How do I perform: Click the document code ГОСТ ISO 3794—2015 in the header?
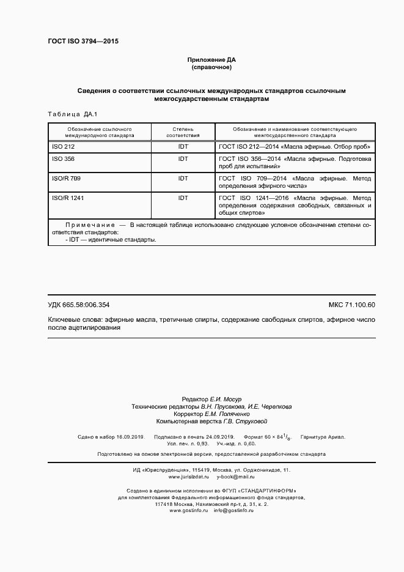click(x=83, y=42)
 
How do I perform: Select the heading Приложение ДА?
click(x=211, y=59)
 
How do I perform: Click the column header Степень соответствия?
click(x=183, y=133)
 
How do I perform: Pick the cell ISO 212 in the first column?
click(x=64, y=147)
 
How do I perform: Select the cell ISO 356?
click(x=64, y=158)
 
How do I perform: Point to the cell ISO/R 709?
click(x=67, y=178)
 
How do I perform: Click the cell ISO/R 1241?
click(x=68, y=198)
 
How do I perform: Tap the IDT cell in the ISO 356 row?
click(x=183, y=158)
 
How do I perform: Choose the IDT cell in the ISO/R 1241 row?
click(x=183, y=198)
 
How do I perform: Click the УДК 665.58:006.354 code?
click(x=78, y=305)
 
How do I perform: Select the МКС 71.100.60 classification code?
click(x=351, y=305)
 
